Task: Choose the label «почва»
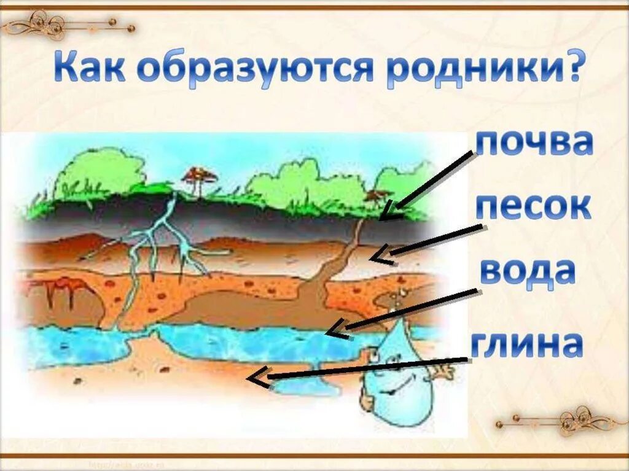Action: coord(534,142)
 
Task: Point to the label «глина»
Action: coord(526,342)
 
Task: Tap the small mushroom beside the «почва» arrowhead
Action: coord(373,197)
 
